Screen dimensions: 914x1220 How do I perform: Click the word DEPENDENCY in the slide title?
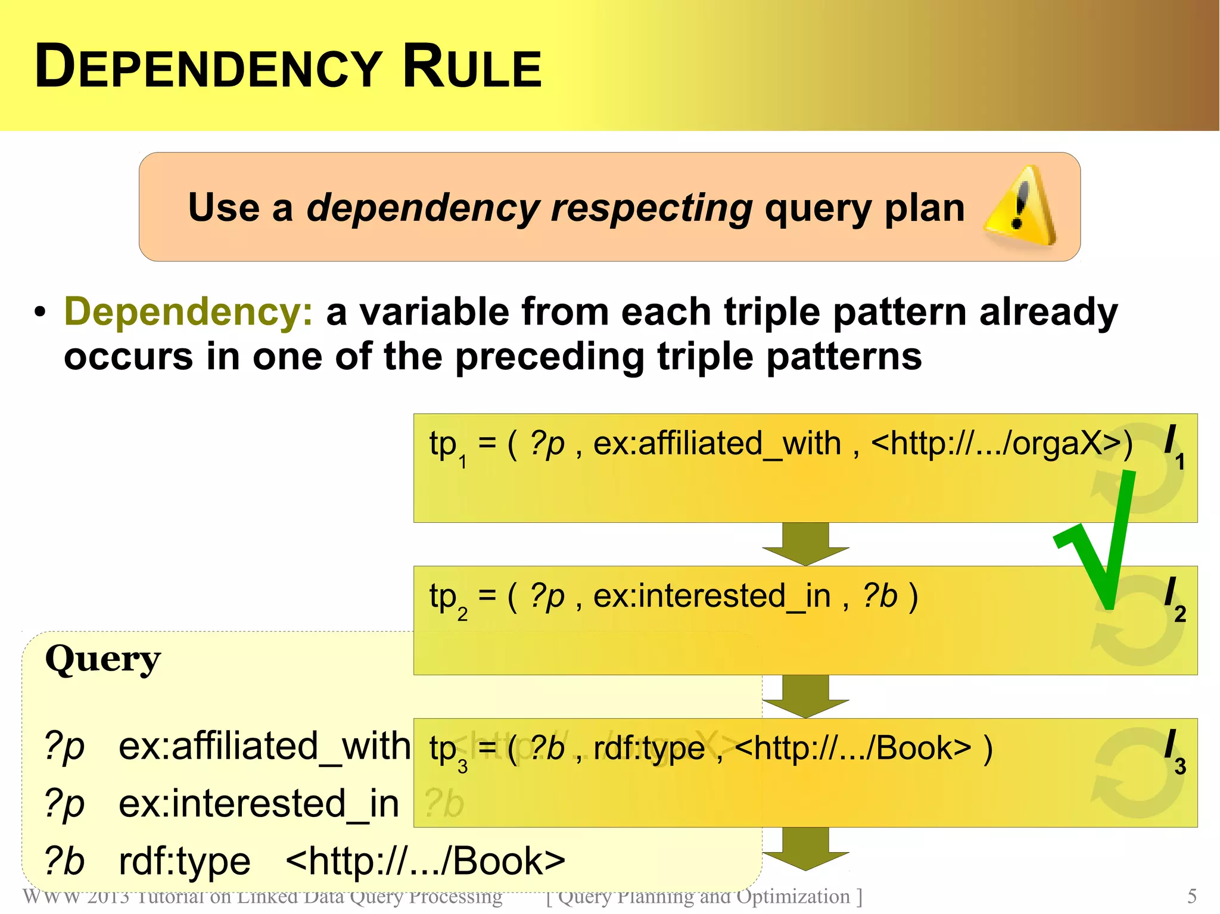click(208, 67)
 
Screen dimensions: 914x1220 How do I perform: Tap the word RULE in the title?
click(472, 67)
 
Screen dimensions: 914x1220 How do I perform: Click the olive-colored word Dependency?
click(188, 311)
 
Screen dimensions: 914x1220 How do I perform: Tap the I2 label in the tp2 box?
click(1174, 599)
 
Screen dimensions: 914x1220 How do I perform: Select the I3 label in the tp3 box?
click(1174, 751)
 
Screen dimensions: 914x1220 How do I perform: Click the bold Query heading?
click(103, 659)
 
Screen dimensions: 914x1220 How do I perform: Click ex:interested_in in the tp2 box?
click(712, 596)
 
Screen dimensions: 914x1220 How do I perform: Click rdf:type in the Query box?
click(185, 861)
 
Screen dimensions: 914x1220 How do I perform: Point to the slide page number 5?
click(1192, 896)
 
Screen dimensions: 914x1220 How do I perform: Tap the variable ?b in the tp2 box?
click(880, 596)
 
